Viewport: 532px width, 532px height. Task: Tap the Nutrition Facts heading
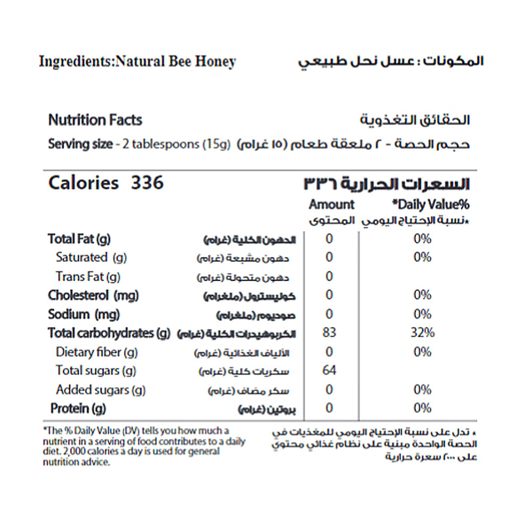point(95,121)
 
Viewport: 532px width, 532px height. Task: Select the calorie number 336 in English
point(147,184)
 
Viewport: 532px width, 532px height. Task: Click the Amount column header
point(332,204)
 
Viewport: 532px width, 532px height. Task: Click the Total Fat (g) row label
point(79,239)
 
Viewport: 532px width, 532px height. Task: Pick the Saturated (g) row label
point(92,257)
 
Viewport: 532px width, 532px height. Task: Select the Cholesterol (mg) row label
point(93,295)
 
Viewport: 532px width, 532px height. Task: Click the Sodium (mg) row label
point(83,314)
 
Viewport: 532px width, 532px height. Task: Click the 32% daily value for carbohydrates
point(422,333)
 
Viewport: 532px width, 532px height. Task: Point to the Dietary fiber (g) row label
point(97,352)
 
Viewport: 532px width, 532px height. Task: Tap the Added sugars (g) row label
point(100,389)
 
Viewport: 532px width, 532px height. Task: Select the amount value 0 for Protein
point(329,409)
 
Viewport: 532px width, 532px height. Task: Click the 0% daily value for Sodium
point(422,314)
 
